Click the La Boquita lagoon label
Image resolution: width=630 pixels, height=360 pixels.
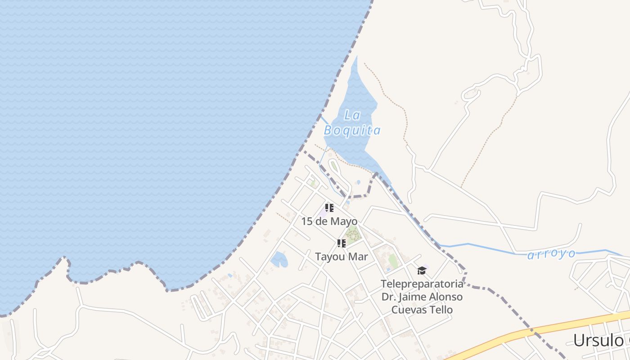pyautogui.click(x=352, y=123)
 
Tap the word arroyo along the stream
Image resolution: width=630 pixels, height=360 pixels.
pyautogui.click(x=551, y=254)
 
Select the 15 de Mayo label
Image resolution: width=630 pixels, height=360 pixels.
pyautogui.click(x=329, y=221)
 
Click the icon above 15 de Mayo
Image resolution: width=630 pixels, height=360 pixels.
pyautogui.click(x=329, y=208)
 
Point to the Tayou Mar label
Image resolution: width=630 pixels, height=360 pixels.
pyautogui.click(x=342, y=257)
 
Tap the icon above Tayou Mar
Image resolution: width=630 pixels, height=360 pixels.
pyautogui.click(x=342, y=243)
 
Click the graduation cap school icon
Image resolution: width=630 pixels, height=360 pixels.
pyautogui.click(x=422, y=270)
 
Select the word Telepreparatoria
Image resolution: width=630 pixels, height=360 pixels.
pyautogui.click(x=422, y=284)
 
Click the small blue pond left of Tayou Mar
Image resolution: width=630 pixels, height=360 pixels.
pyautogui.click(x=279, y=259)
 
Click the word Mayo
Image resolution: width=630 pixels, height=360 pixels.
pyautogui.click(x=344, y=221)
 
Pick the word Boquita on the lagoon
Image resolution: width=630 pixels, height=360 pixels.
pyautogui.click(x=352, y=131)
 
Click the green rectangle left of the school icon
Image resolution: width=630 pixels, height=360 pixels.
pyautogui.click(x=393, y=261)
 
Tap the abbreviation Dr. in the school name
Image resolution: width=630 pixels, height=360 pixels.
pyautogui.click(x=388, y=297)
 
